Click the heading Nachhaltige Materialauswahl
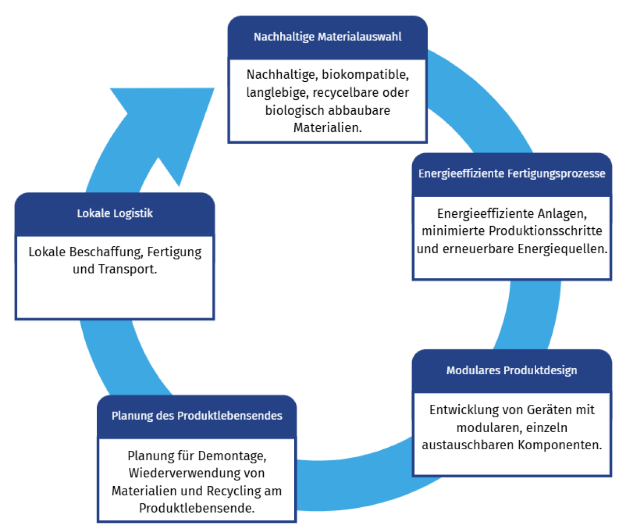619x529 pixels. click(327, 37)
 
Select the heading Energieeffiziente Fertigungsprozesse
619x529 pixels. click(511, 174)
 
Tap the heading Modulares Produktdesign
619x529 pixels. click(511, 371)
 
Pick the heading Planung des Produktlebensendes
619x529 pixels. click(197, 416)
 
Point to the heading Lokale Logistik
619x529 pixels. click(115, 213)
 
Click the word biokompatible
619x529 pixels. click(365, 75)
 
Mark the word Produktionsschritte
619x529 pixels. click(546, 231)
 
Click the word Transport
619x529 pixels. click(127, 270)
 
